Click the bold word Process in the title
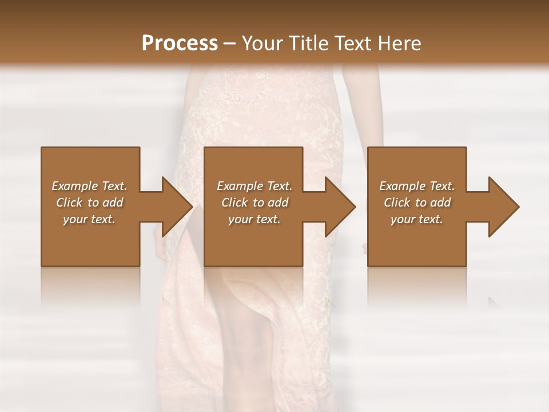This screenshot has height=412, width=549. (x=180, y=43)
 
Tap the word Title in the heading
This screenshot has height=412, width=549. (x=307, y=43)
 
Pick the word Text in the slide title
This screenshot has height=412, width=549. (x=352, y=43)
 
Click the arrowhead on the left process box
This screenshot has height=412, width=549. (x=174, y=207)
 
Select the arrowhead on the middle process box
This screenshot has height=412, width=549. (x=338, y=207)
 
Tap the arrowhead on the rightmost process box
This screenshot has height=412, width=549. (x=502, y=207)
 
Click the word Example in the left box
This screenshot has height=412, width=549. (x=75, y=186)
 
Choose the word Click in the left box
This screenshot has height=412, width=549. (x=69, y=203)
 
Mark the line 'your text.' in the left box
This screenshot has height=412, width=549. (x=89, y=219)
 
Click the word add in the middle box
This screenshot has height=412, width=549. (x=277, y=203)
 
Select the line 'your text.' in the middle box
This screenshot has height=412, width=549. (x=254, y=219)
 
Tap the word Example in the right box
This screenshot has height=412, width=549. (x=403, y=186)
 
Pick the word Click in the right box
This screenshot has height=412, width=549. (x=397, y=203)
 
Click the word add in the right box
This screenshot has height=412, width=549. (x=440, y=203)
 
